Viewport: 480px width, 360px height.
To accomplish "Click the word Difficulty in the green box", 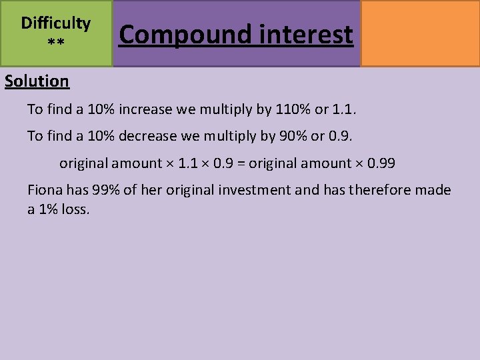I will [56, 23].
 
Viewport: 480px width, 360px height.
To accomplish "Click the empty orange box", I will [420, 33].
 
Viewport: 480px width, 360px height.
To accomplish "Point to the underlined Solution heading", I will [37, 81].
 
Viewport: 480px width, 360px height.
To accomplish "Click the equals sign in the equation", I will [242, 163].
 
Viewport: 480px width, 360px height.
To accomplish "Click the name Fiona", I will [45, 190].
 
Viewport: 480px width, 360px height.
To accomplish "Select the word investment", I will [256, 190].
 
